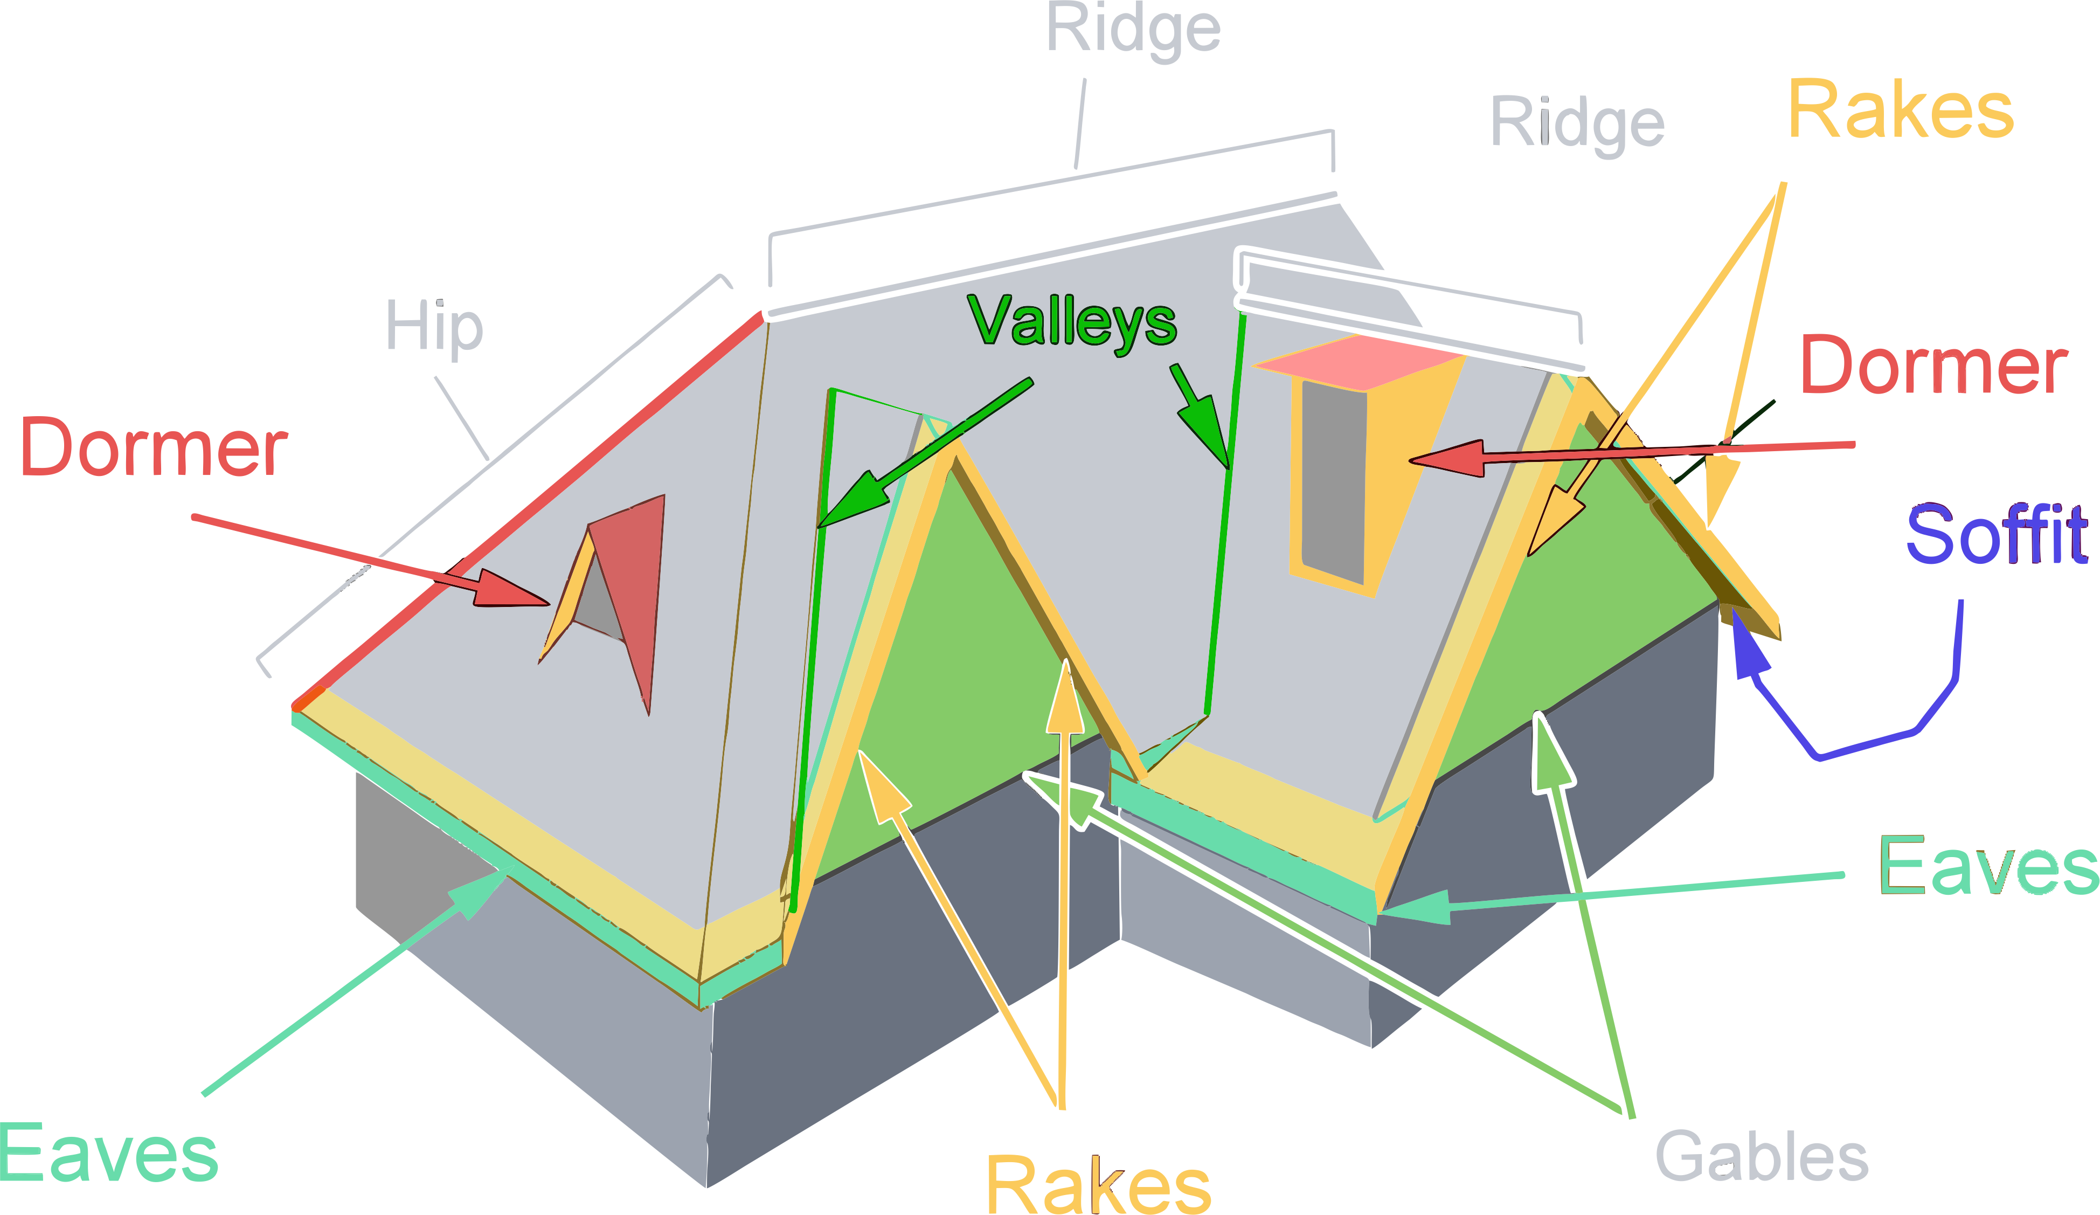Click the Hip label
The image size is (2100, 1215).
click(434, 327)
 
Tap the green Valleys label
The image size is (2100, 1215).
click(1072, 322)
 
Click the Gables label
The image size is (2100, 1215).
click(1761, 1156)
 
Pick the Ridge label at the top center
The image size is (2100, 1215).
click(1133, 30)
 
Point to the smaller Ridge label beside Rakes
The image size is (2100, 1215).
click(1577, 123)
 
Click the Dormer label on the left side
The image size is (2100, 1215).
click(154, 448)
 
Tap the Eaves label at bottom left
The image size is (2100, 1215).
click(108, 1154)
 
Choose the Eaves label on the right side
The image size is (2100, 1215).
click(1987, 867)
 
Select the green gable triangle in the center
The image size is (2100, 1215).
click(958, 667)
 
